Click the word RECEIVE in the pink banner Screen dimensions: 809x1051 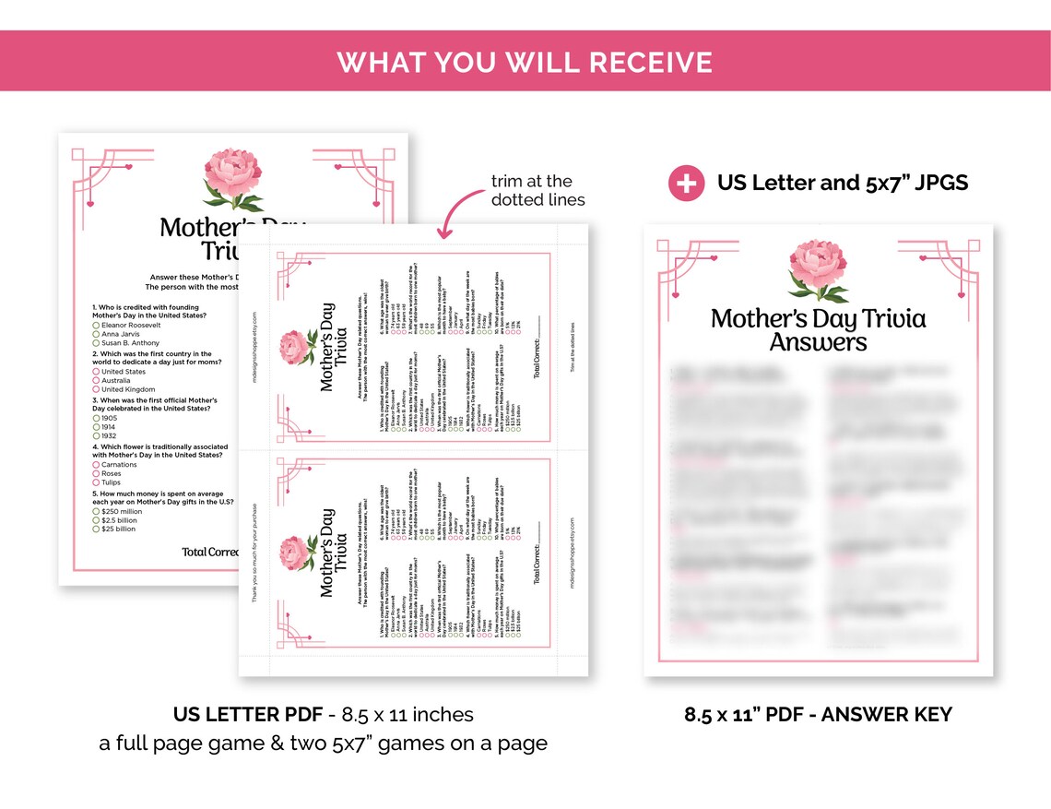click(651, 62)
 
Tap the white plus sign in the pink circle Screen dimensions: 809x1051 click(687, 183)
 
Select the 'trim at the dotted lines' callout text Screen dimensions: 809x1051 click(537, 190)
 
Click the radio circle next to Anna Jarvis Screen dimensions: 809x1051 click(96, 334)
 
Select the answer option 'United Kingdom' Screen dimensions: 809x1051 click(129, 390)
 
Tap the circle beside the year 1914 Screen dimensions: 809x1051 click(96, 427)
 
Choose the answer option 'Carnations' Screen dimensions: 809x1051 click(119, 464)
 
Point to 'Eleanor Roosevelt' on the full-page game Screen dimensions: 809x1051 click(132, 325)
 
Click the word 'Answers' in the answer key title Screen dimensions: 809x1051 click(819, 342)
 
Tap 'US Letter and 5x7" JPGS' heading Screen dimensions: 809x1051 click(843, 183)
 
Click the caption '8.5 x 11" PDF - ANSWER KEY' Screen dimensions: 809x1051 click(818, 714)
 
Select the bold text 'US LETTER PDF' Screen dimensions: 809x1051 click(243, 715)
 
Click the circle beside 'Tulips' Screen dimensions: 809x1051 click(96, 482)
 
